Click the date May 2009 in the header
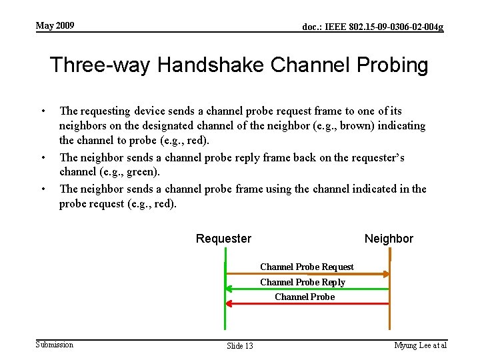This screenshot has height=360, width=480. (x=55, y=26)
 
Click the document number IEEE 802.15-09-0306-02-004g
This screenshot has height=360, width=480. (x=373, y=27)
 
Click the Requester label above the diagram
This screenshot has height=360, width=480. (x=223, y=239)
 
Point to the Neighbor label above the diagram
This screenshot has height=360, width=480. (x=389, y=239)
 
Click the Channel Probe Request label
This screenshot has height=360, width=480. (x=307, y=267)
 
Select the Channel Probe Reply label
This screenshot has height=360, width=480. (x=303, y=282)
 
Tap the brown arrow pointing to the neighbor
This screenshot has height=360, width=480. (x=307, y=274)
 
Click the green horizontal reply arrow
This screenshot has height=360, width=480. (x=307, y=289)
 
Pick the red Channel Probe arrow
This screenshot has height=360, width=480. (x=307, y=303)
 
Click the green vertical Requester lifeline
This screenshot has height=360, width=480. (x=225, y=313)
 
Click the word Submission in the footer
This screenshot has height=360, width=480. (x=55, y=344)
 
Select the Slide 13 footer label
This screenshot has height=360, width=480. (x=240, y=345)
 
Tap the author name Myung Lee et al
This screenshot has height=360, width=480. (x=420, y=345)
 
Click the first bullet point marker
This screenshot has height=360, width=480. (x=43, y=111)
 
